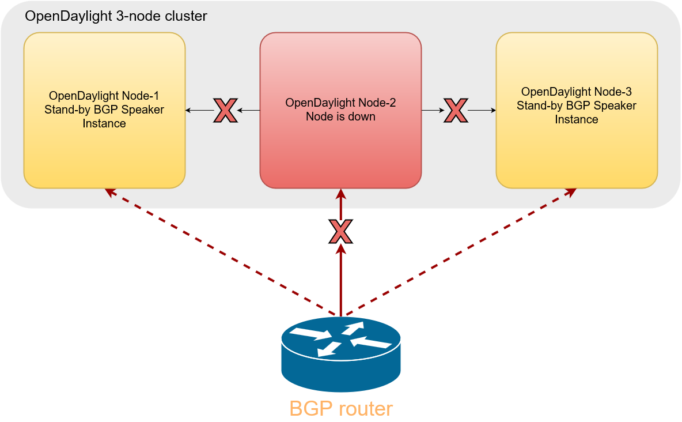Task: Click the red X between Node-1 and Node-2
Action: [x=225, y=110]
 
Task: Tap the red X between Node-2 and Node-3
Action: [x=456, y=110]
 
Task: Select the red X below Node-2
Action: [x=340, y=232]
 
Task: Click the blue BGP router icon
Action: [x=340, y=354]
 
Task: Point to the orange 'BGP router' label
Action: [x=340, y=409]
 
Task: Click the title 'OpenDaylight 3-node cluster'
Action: [x=116, y=16]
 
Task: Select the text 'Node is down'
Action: [x=340, y=116]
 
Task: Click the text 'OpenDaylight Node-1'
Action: [x=104, y=96]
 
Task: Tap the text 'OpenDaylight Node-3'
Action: [x=577, y=92]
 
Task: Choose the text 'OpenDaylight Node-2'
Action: [x=340, y=103]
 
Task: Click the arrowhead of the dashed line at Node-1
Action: [x=111, y=192]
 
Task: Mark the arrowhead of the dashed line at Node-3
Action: [x=571, y=192]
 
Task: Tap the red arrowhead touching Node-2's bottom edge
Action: [x=340, y=194]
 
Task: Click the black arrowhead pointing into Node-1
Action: [x=188, y=110]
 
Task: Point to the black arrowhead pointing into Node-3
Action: [x=493, y=110]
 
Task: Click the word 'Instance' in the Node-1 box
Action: [x=104, y=124]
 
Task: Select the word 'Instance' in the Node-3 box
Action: [x=577, y=120]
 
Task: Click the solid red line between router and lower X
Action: [x=340, y=280]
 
